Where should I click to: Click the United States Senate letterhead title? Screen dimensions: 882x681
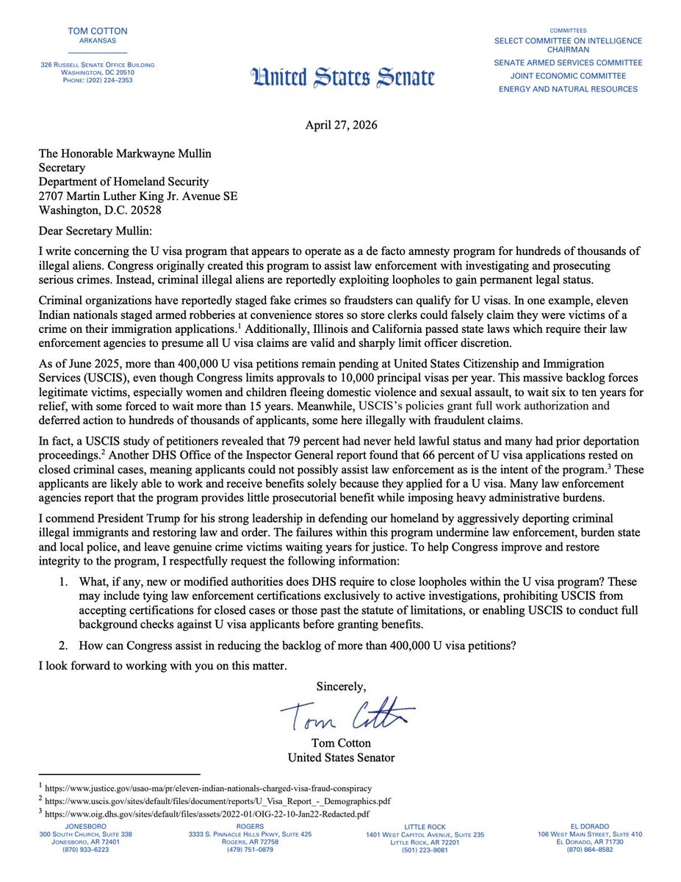click(x=343, y=77)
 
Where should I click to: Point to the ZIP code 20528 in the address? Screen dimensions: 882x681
click(x=159, y=210)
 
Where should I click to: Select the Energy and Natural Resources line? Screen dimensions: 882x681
click(x=568, y=89)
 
